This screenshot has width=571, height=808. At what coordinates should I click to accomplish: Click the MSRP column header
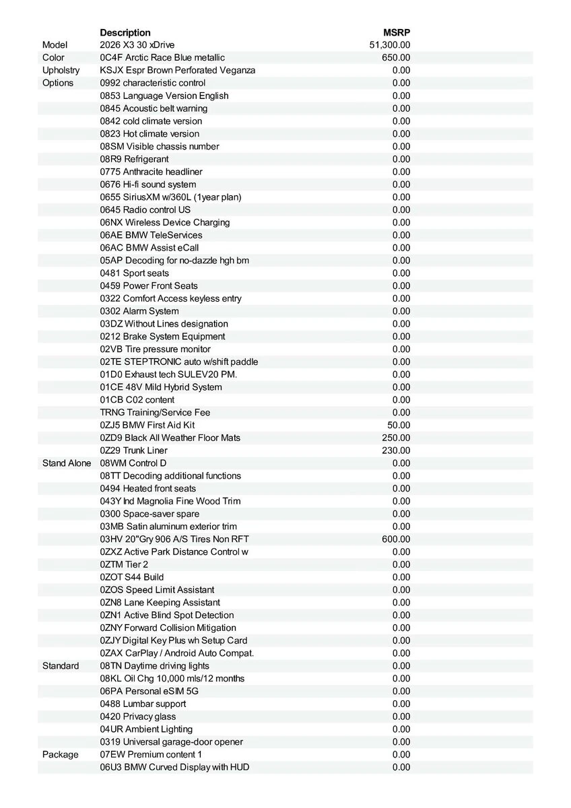tap(397, 32)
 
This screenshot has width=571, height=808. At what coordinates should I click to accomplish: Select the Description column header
tap(125, 32)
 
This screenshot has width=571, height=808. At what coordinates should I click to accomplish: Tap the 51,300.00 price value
tap(390, 45)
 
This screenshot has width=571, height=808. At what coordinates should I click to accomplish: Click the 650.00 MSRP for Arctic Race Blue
tap(396, 58)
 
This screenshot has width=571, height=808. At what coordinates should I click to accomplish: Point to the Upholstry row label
tap(61, 70)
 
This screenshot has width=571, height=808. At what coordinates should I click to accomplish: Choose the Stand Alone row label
tap(67, 463)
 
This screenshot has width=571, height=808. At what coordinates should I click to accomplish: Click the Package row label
tap(61, 754)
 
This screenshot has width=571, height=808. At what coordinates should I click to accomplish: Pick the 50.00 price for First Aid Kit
tap(399, 425)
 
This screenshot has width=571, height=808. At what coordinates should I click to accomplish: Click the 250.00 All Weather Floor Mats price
tap(396, 438)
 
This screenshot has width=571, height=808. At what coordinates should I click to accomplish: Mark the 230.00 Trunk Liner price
tap(396, 450)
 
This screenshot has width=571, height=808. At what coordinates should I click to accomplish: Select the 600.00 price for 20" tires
tap(396, 539)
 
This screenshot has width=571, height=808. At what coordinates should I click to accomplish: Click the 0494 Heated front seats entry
tap(148, 488)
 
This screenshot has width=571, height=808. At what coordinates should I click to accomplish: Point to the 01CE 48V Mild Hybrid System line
tap(161, 387)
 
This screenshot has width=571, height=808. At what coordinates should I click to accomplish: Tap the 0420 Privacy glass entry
tap(138, 716)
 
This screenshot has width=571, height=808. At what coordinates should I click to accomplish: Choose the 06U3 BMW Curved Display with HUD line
tap(174, 767)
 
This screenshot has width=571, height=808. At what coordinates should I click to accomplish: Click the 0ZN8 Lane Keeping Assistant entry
tap(160, 603)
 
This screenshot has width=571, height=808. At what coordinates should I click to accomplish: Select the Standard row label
tap(61, 666)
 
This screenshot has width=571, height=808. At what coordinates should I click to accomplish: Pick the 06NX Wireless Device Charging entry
tap(165, 222)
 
